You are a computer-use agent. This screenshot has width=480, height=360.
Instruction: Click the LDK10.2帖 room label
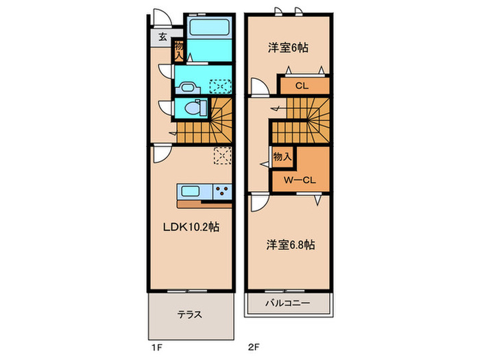point(191,227)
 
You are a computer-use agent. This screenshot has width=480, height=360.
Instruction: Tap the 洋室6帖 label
point(288,48)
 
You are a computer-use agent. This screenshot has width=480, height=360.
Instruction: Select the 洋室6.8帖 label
point(290,245)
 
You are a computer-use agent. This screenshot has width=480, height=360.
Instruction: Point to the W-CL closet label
point(300,180)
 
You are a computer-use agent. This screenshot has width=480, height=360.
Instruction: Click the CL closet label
point(302,86)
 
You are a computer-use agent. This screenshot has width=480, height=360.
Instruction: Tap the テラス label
point(190,314)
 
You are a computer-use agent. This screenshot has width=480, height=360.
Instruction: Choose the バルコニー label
point(287,303)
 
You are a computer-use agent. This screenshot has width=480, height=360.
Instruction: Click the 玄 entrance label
point(163,37)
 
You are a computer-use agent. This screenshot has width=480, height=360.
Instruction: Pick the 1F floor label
point(156,347)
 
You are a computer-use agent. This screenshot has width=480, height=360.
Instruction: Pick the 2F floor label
point(254,347)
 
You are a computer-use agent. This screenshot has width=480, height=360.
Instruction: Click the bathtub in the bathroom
point(209,27)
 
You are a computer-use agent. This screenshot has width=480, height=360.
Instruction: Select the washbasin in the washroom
point(187,88)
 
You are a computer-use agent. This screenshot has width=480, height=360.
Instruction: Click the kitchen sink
point(191,191)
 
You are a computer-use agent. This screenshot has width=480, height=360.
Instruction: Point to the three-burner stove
point(222,192)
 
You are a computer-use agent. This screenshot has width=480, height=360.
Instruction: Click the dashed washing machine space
point(220,86)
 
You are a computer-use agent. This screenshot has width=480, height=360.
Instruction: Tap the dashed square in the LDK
point(223,156)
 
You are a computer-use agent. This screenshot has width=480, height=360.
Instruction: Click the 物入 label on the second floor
point(282,157)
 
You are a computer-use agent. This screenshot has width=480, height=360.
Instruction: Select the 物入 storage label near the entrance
point(179,51)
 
